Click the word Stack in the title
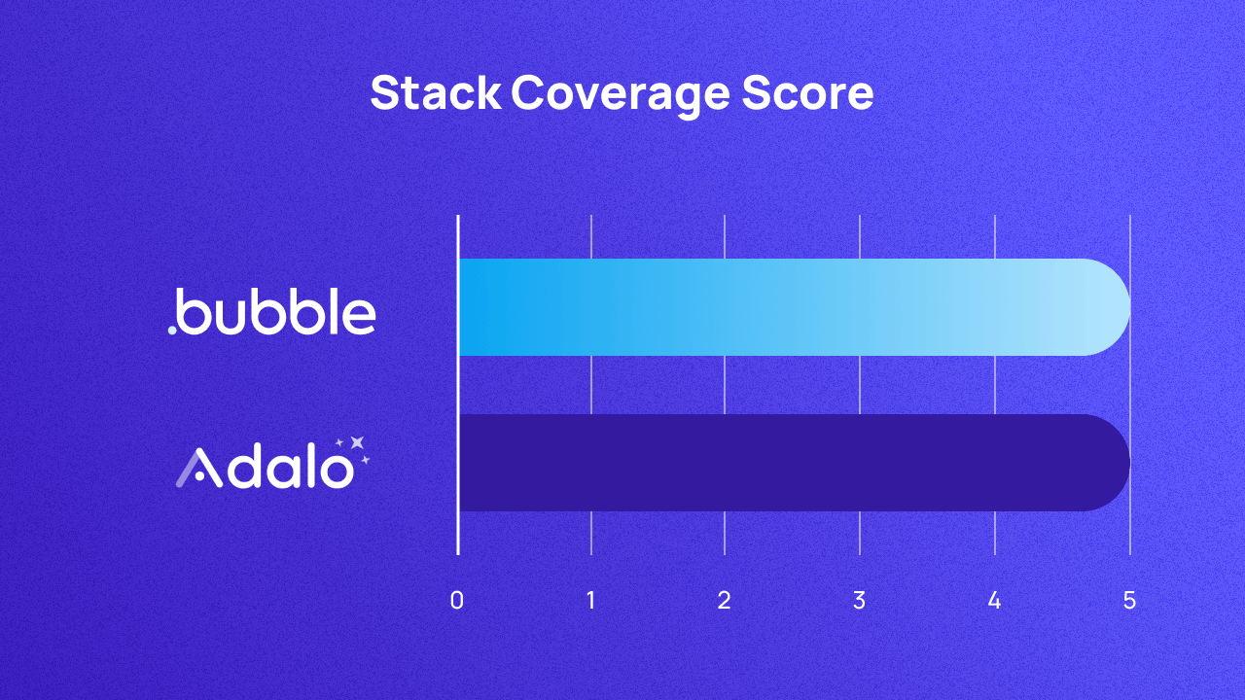tap(434, 94)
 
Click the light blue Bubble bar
tap(778, 307)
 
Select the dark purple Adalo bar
tap(778, 463)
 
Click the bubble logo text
tap(277, 311)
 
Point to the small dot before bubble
tap(172, 330)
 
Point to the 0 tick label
tap(456, 601)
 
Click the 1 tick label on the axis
tap(591, 601)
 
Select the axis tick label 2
tap(724, 601)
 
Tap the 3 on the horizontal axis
tap(859, 601)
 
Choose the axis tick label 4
tap(994, 601)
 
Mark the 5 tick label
tap(1129, 601)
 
